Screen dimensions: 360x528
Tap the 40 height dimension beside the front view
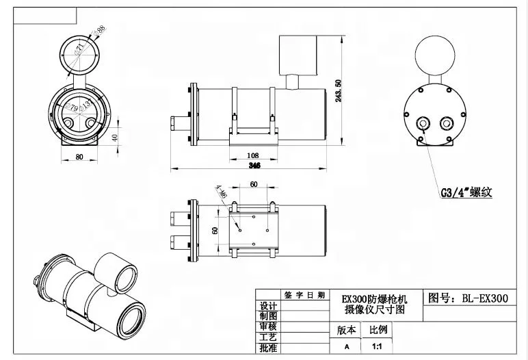115,137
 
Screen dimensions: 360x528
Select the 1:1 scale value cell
378,347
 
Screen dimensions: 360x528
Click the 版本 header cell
347,330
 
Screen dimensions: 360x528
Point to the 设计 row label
268,306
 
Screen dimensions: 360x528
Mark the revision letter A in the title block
346,347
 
